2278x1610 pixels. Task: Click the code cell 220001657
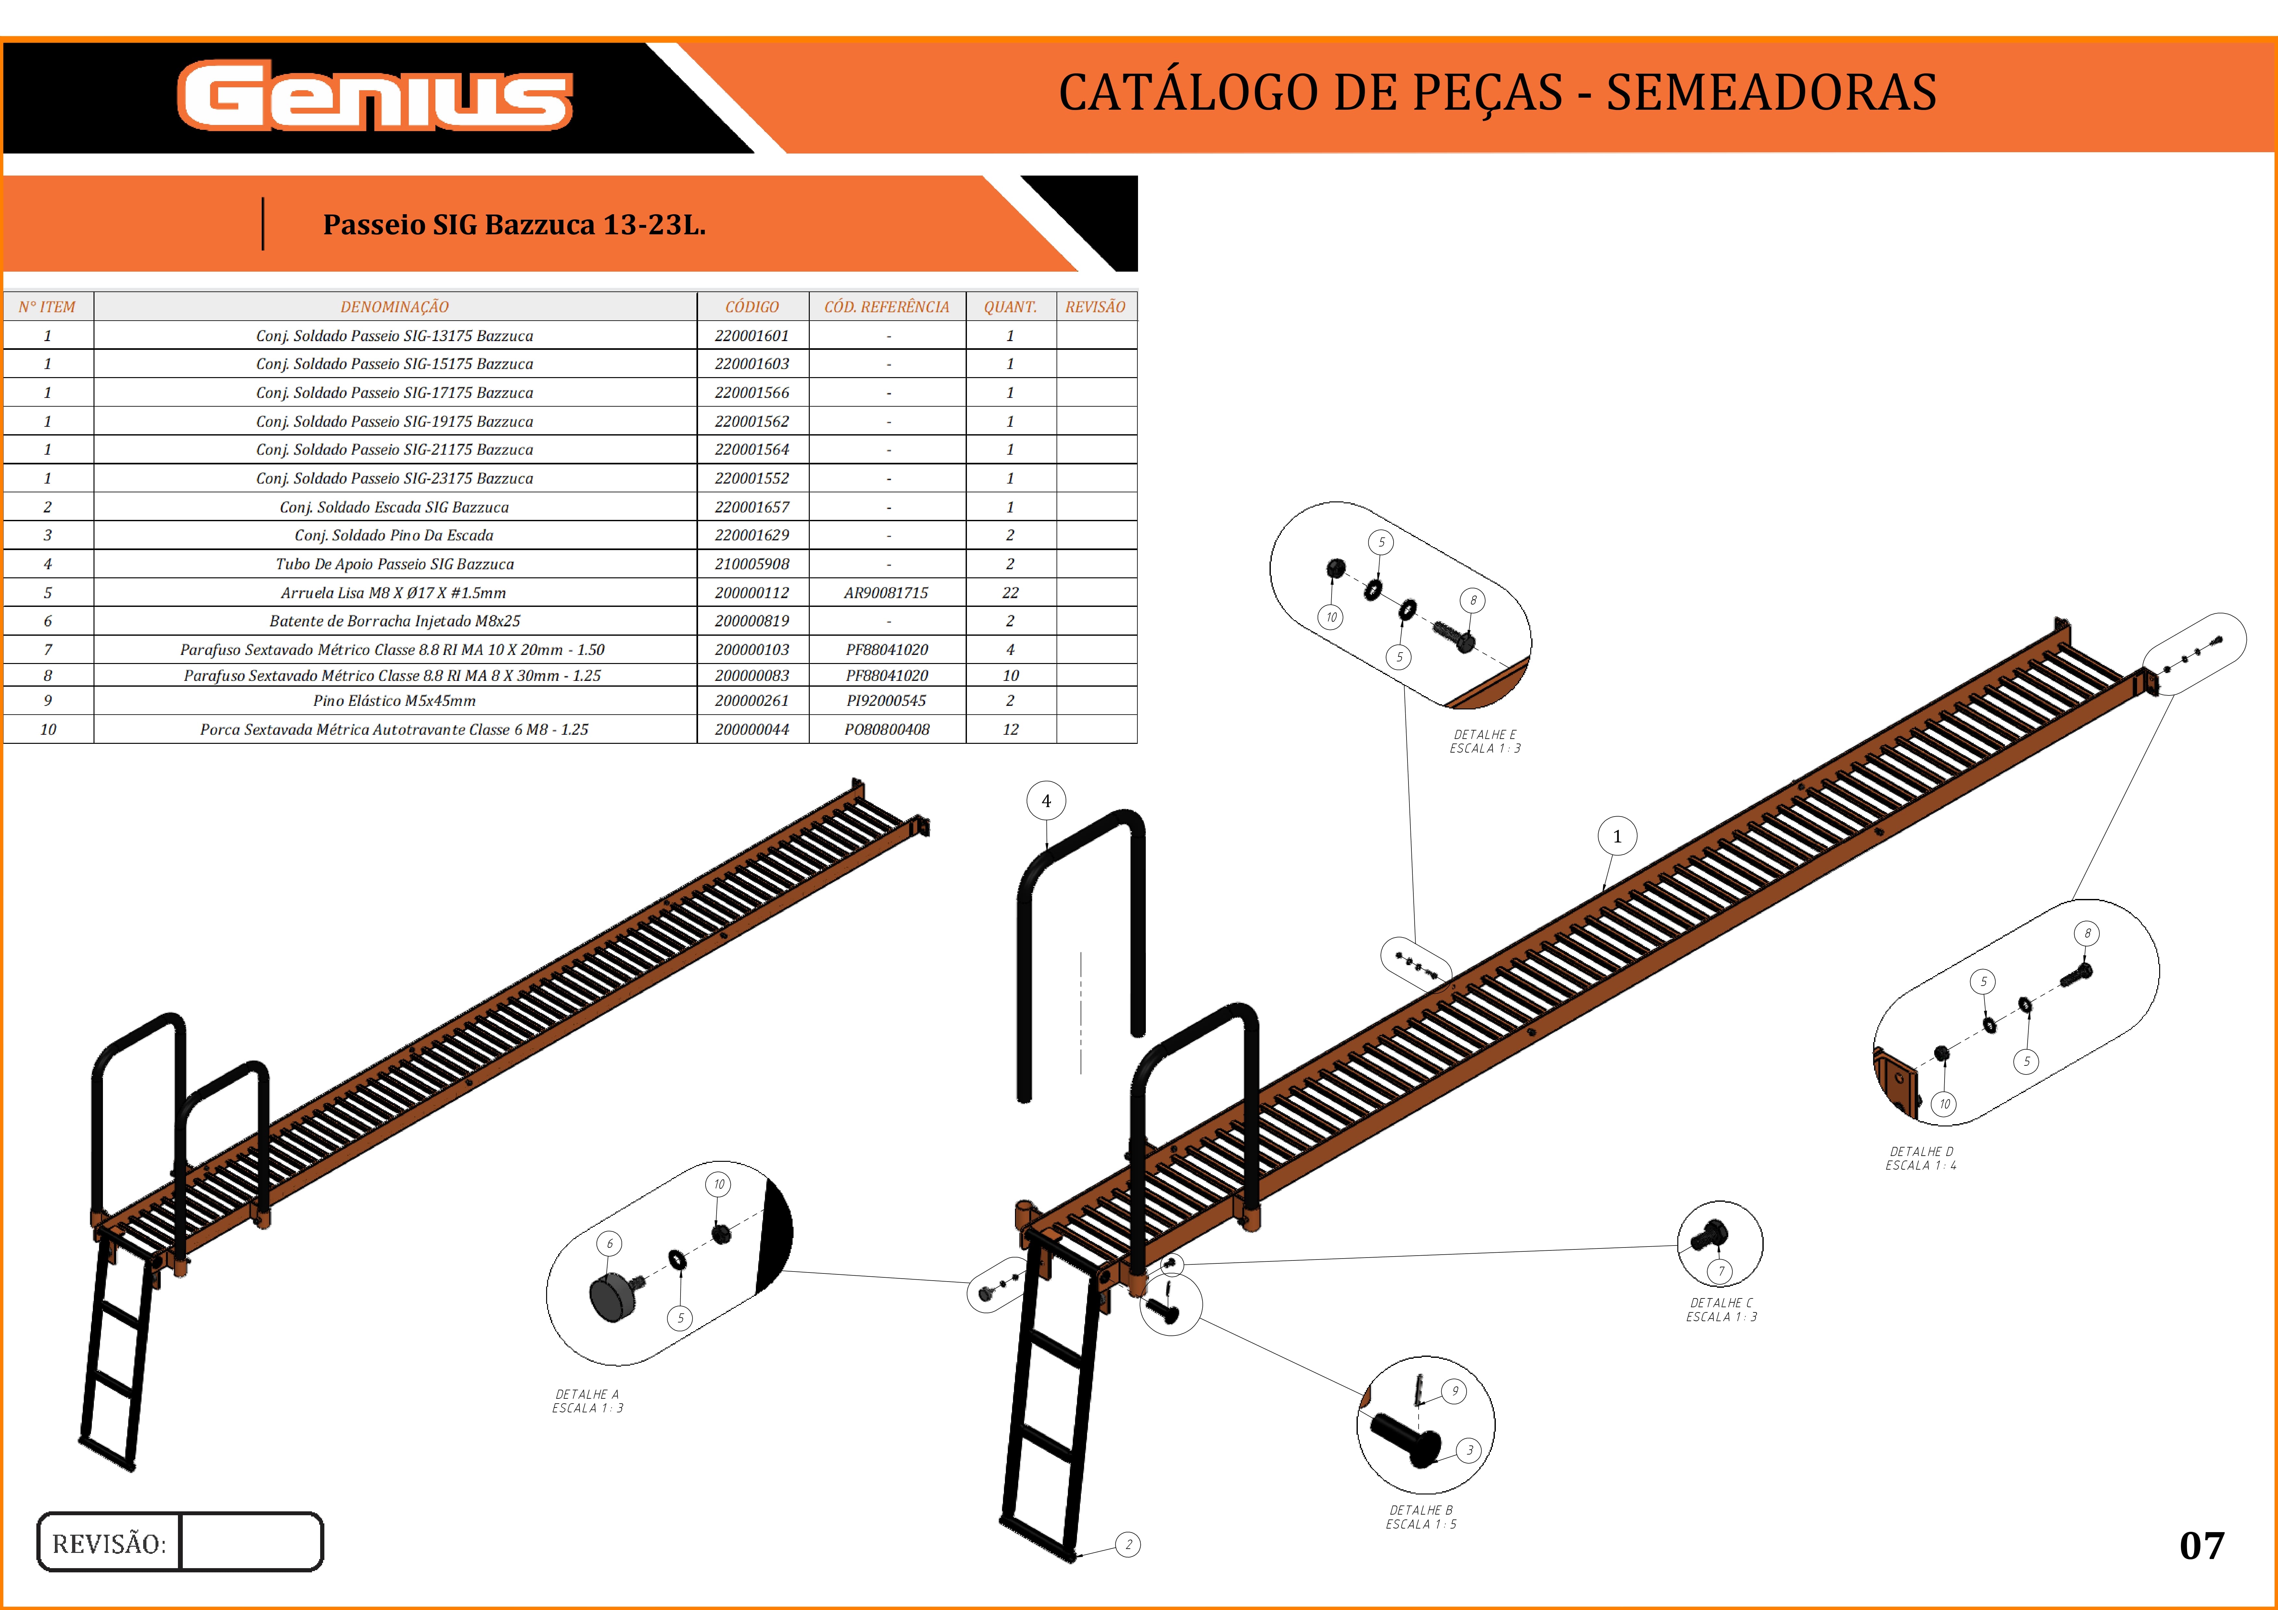pyautogui.click(x=752, y=507)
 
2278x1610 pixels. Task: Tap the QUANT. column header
pyautogui.click(x=1010, y=307)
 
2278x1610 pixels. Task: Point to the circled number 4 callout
pyautogui.click(x=1046, y=801)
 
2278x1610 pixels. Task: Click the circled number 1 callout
pyautogui.click(x=1617, y=836)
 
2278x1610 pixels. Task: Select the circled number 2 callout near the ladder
pyautogui.click(x=1128, y=1544)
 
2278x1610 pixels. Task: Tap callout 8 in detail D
pyautogui.click(x=2087, y=933)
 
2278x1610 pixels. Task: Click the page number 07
pyautogui.click(x=2202, y=1545)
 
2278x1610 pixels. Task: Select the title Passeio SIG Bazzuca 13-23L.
pyautogui.click(x=514, y=225)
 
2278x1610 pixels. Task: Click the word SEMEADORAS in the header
pyautogui.click(x=1771, y=92)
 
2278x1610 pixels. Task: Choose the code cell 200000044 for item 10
pyautogui.click(x=752, y=729)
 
